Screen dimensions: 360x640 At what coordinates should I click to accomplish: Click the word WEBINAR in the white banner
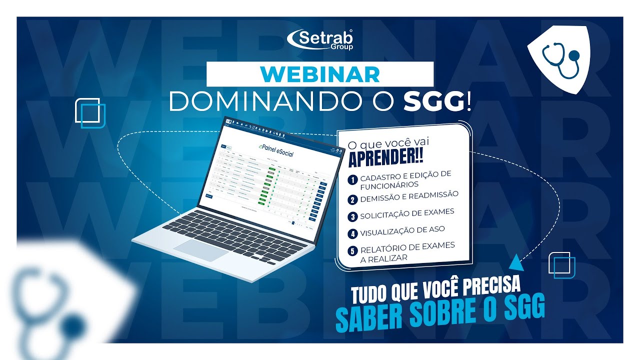(320, 74)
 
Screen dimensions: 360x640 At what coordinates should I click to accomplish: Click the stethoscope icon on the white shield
(560, 59)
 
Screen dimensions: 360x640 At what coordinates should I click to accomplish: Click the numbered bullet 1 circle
(352, 179)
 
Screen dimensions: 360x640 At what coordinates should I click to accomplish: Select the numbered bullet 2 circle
(352, 199)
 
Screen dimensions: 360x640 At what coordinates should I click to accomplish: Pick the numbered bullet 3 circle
(353, 216)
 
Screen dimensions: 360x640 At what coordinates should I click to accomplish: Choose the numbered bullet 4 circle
(353, 233)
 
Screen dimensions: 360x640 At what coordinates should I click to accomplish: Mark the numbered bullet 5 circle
(353, 250)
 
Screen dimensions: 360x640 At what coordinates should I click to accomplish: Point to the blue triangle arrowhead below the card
(514, 262)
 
